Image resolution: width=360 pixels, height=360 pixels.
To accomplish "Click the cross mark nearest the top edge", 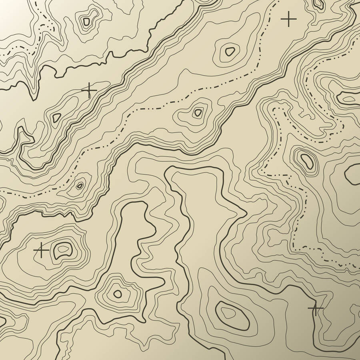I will point(288,19).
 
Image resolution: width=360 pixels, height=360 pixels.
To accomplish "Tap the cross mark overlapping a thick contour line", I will point(315,308).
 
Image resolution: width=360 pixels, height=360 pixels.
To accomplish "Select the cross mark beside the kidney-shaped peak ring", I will point(41,250).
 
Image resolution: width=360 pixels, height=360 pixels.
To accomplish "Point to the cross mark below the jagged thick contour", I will point(89,90).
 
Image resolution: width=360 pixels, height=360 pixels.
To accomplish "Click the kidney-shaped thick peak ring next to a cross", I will point(62,249).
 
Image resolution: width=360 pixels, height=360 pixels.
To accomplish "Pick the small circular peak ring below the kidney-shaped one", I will point(117,294).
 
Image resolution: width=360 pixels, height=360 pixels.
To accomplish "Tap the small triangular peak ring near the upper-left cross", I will point(56,117).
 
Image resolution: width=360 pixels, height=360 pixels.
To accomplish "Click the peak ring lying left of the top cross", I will point(230,51).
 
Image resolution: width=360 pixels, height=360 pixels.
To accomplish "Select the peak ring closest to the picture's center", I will point(198,112).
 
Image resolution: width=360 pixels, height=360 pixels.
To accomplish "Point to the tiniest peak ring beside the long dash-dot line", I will point(80,185).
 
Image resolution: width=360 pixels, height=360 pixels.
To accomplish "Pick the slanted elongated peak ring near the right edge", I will point(307,160).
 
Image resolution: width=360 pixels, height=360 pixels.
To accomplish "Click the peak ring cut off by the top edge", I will point(319,4).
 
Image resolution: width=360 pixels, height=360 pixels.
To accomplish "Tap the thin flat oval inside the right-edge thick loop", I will point(348,99).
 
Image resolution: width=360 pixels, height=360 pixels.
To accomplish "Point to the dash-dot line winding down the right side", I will point(298,224).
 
